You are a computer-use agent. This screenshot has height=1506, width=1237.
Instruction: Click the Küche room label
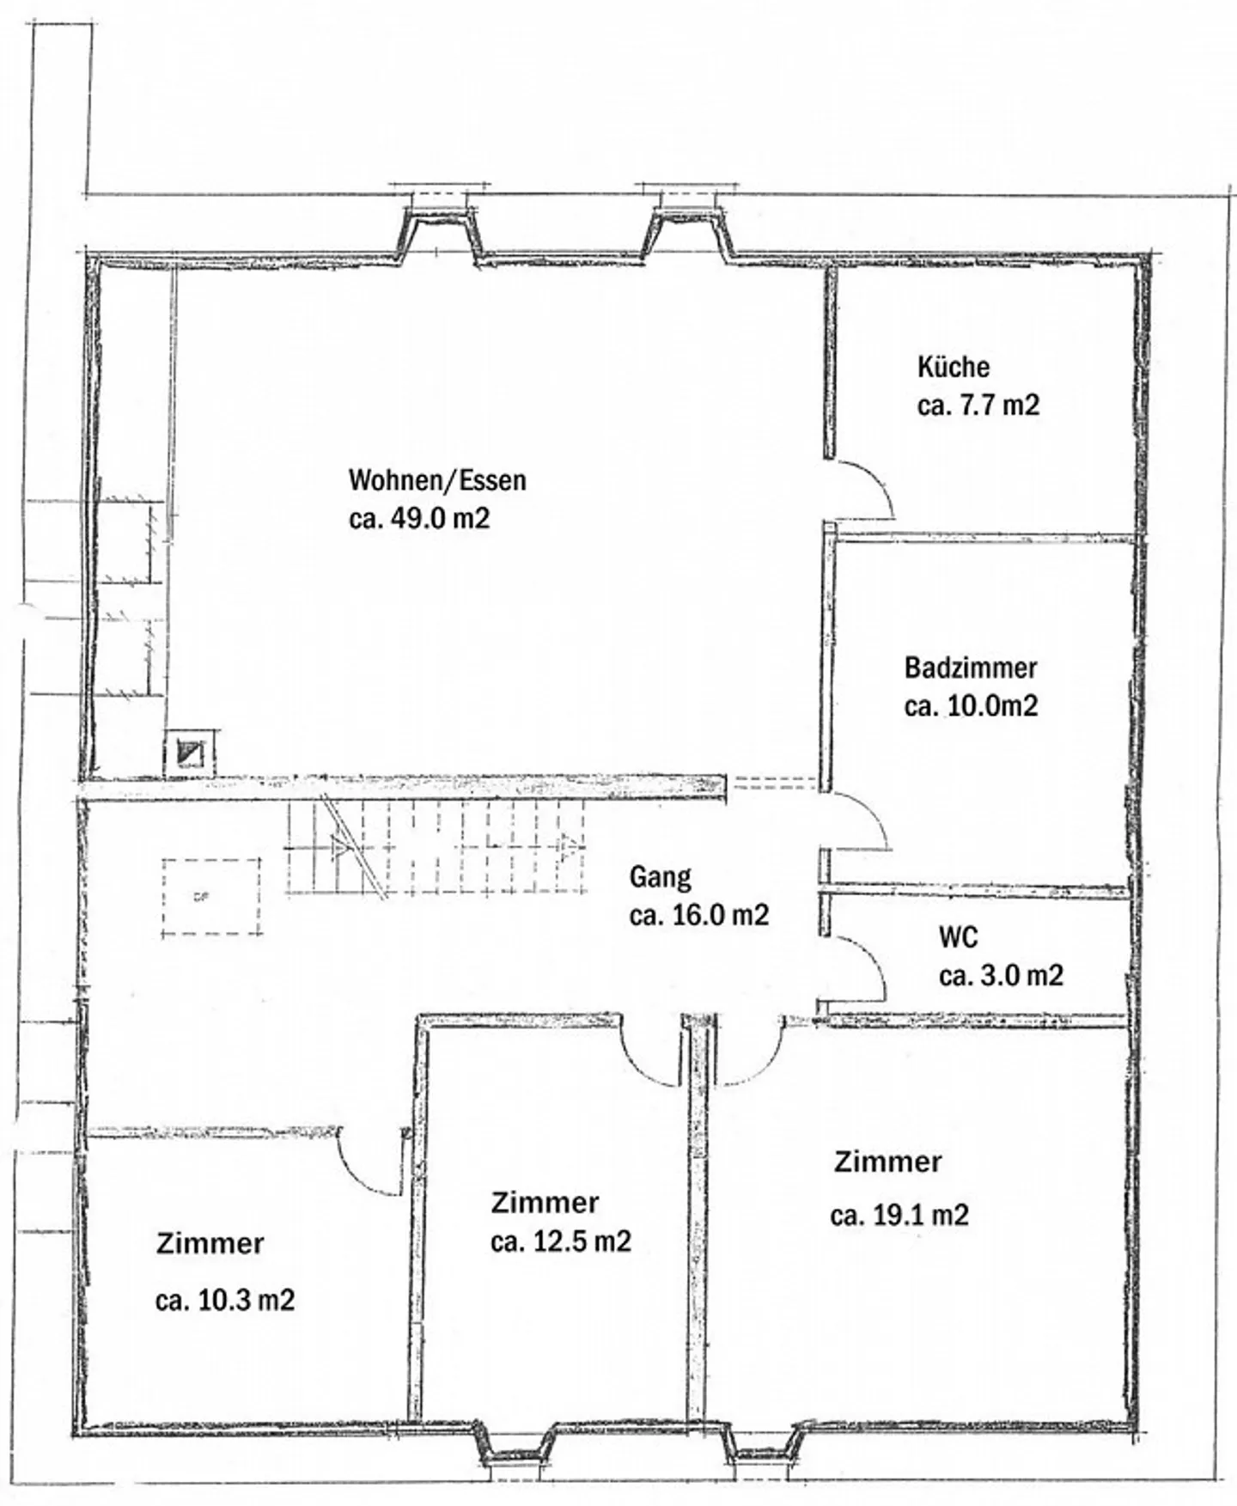(x=953, y=367)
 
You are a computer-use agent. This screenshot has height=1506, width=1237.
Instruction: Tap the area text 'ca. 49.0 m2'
(x=419, y=518)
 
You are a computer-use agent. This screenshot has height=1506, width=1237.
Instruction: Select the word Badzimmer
(x=971, y=668)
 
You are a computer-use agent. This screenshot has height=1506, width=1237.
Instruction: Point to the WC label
(x=958, y=936)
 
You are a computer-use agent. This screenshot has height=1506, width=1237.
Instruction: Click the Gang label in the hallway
(x=660, y=876)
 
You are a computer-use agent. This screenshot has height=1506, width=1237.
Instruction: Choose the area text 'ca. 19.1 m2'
(x=899, y=1216)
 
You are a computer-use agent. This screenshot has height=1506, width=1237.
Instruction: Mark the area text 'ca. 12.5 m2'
(x=561, y=1241)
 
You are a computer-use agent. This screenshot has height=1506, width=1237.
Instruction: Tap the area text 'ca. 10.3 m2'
(x=225, y=1300)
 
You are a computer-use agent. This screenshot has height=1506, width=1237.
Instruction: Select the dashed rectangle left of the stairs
(x=211, y=897)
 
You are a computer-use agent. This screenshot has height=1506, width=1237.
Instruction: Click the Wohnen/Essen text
(x=436, y=479)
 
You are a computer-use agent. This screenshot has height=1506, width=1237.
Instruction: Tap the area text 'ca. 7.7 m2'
(x=978, y=405)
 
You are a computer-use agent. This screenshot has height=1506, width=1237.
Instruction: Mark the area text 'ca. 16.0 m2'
(x=698, y=915)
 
